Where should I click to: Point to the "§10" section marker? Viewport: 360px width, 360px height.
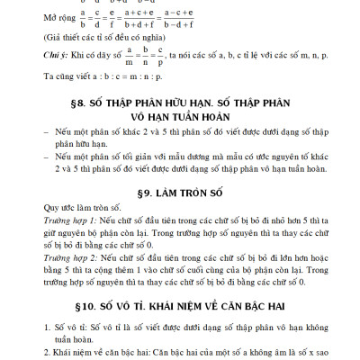coord(69,335)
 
